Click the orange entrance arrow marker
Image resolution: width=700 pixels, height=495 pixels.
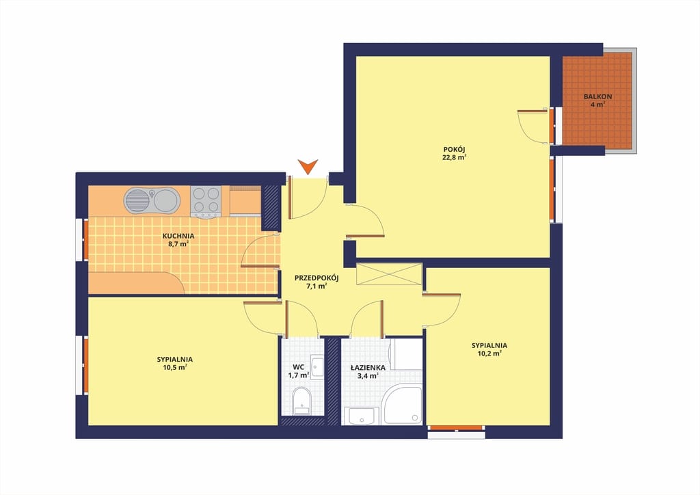[x=308, y=167]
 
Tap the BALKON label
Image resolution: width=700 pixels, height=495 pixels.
[x=597, y=96]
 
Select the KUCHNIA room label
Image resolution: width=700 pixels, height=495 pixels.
[x=178, y=236]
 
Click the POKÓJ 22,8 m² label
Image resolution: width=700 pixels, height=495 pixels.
[x=455, y=153]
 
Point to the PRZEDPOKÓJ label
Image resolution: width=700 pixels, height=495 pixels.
[x=317, y=278]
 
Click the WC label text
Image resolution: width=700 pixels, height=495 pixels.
[x=298, y=367]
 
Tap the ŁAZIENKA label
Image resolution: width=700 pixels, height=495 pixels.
[x=368, y=368]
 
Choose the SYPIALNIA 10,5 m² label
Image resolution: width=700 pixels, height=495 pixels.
[x=174, y=363]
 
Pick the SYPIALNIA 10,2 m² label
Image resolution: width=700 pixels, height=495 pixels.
[x=489, y=349]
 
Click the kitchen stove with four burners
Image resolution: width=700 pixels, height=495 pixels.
[x=205, y=201]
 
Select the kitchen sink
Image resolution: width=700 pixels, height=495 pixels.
[x=152, y=200]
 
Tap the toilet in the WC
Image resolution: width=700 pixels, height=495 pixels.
[x=301, y=401]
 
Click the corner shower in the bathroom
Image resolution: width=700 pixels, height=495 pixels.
[x=403, y=405]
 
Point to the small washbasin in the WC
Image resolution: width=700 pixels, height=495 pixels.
[x=317, y=367]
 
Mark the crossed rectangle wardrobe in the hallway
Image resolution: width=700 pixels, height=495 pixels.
[x=389, y=273]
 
